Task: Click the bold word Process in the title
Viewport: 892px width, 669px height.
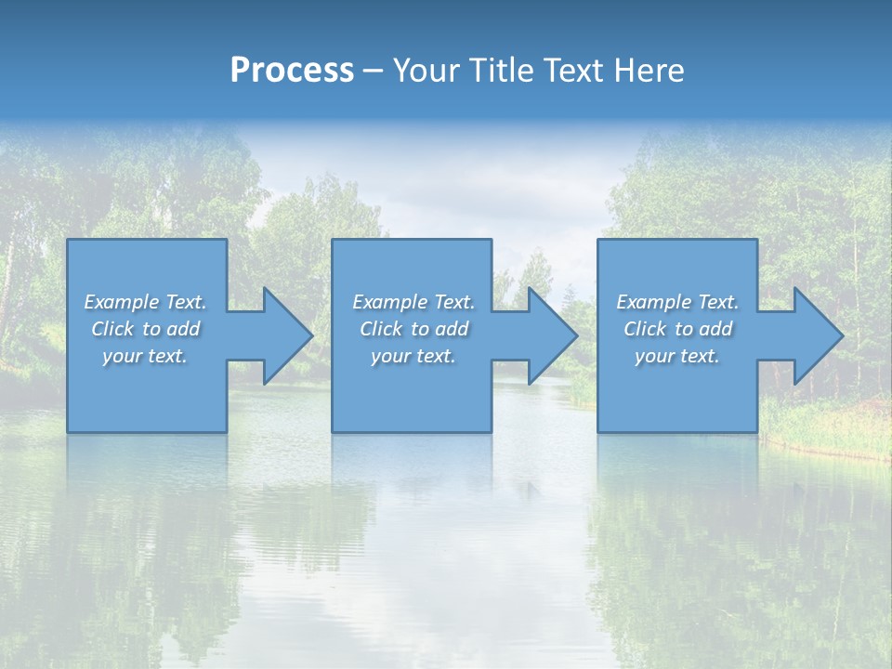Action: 292,71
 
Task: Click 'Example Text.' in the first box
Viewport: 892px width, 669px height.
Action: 146,302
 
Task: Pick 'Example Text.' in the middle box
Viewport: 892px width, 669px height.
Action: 413,302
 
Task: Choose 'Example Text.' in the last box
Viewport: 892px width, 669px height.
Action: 677,302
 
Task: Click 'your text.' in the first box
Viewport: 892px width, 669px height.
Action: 145,356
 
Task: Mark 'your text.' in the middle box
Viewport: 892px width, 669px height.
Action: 413,356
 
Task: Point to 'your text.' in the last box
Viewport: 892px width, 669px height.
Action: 677,356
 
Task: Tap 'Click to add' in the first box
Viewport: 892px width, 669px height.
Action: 146,329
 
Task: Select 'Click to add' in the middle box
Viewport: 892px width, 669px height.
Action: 413,329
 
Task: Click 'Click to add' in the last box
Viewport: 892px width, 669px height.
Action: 677,329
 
